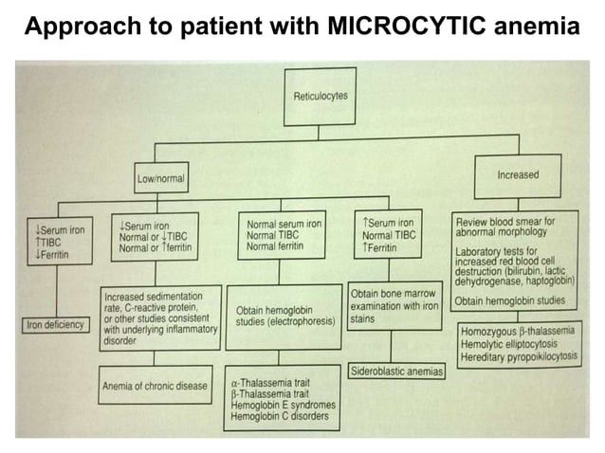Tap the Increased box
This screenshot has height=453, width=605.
(x=518, y=175)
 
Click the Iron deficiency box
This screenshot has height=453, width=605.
(x=56, y=325)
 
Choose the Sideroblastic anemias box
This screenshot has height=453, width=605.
(x=396, y=371)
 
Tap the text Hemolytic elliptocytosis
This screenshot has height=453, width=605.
(x=508, y=346)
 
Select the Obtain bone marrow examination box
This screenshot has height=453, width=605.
(x=394, y=305)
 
